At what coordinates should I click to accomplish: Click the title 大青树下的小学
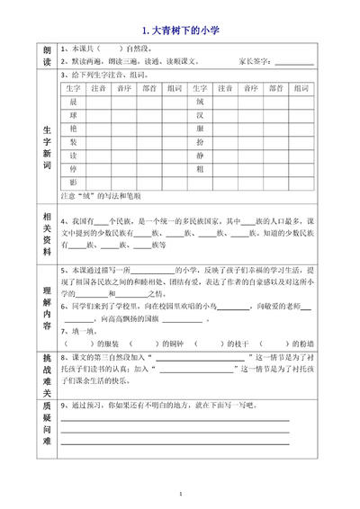point(181,31)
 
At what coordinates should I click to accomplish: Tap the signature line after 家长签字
point(294,63)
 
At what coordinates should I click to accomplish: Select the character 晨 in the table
point(73,102)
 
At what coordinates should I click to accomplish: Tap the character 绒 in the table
point(199,102)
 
